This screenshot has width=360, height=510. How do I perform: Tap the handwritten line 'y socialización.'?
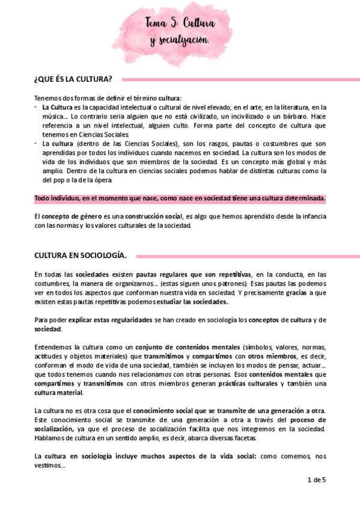(x=180, y=40)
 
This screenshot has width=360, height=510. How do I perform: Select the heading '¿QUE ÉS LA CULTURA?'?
(x=73, y=79)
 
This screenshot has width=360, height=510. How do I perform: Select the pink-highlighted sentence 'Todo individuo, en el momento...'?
(x=180, y=198)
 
